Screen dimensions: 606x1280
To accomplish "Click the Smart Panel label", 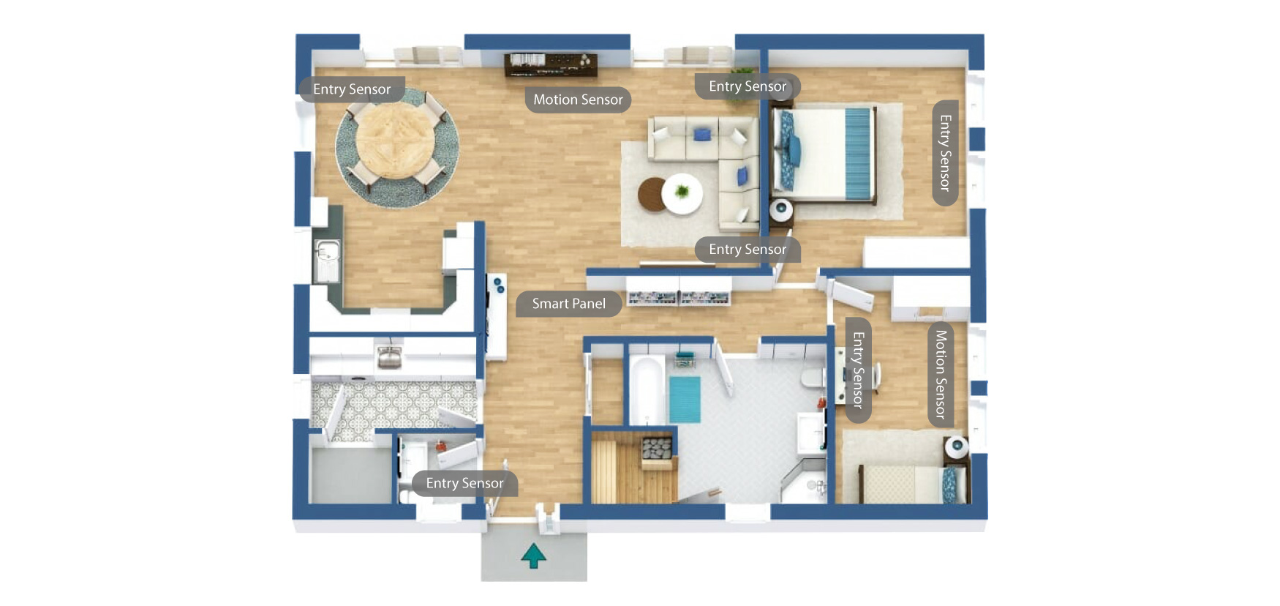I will [568, 304].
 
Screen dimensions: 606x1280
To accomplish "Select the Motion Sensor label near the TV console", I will [577, 100].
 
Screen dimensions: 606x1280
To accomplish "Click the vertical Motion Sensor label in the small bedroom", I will [941, 374].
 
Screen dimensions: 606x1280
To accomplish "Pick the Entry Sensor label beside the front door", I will [464, 483].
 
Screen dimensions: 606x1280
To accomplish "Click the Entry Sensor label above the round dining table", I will [352, 89].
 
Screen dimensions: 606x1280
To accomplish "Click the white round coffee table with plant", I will [682, 193].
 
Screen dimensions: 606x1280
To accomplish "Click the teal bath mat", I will [685, 399].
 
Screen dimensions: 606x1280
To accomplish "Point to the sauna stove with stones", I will [657, 447].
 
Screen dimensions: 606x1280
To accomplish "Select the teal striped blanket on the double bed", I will [858, 153].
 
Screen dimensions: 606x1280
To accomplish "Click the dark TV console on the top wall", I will [551, 64].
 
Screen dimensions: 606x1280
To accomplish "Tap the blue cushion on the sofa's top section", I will [702, 135].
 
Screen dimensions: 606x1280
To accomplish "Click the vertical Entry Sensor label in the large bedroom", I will [945, 153].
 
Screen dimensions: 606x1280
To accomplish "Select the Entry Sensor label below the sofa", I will [747, 250].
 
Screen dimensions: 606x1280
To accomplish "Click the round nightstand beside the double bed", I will [781, 210].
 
